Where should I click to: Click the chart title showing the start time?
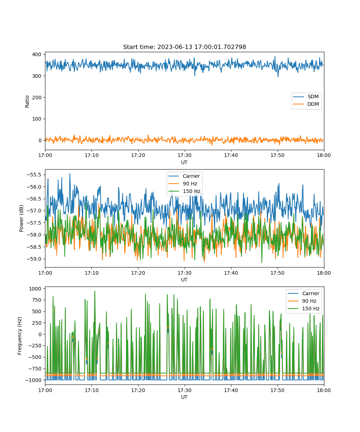click(184, 47)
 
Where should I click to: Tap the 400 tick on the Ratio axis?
click(37, 54)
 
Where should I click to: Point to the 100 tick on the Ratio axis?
click(37, 119)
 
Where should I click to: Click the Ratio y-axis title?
click(27, 102)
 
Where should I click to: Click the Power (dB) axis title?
click(21, 218)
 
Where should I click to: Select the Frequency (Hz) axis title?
click(19, 336)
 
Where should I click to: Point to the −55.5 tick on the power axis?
click(34, 175)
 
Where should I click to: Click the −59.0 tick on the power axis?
click(34, 259)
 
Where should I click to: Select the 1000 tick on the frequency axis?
click(35, 289)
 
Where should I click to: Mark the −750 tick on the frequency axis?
click(33, 369)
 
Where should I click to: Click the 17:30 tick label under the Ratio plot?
click(184, 155)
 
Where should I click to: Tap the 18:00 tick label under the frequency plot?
click(324, 390)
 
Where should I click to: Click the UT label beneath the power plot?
click(184, 280)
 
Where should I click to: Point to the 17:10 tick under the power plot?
click(91, 273)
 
